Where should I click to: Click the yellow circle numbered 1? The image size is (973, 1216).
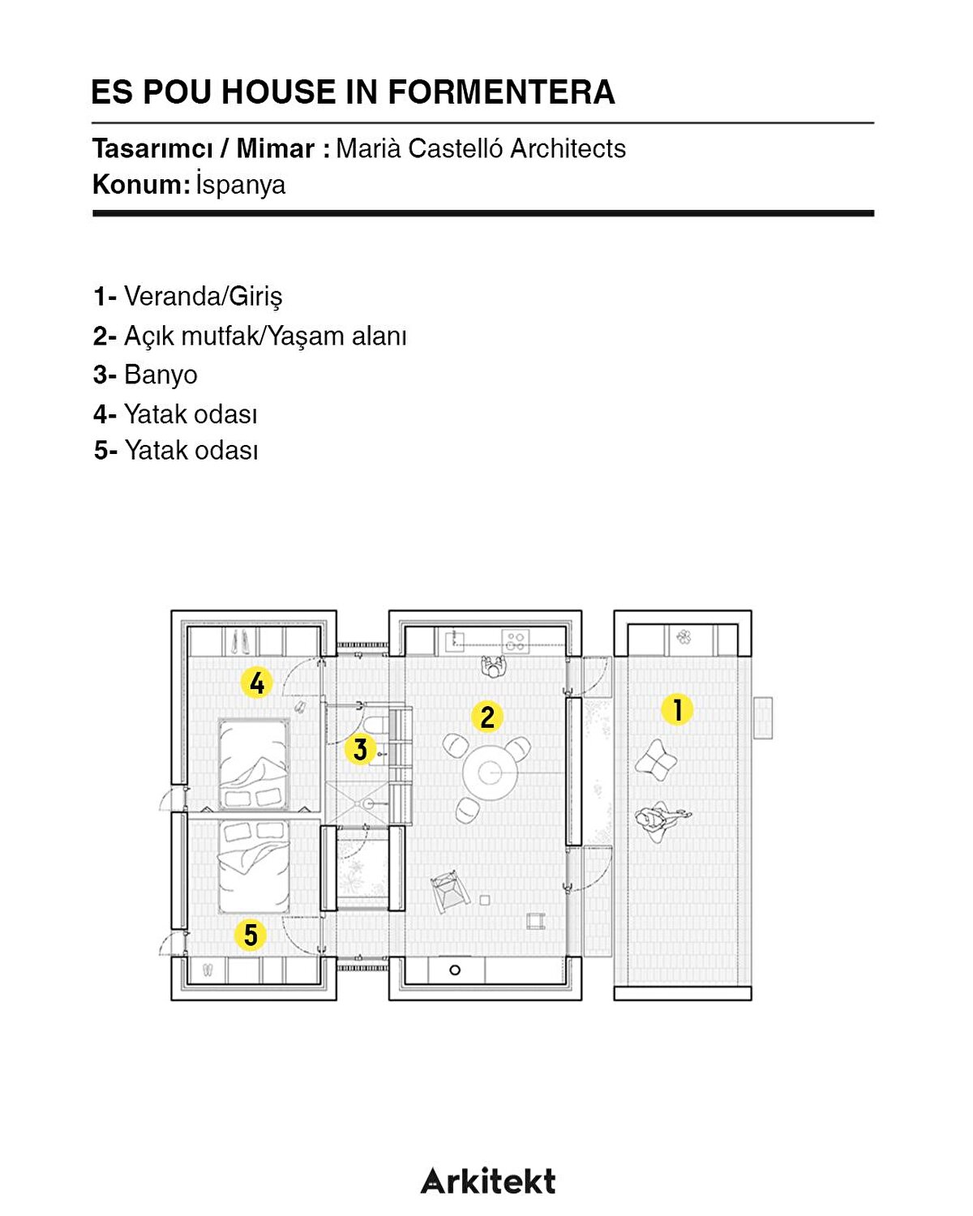coord(677,709)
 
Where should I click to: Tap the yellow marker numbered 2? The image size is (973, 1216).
coord(486,716)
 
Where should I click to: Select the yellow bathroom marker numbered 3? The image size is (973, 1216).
coord(360,749)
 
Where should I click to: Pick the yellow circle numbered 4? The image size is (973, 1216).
coord(257,682)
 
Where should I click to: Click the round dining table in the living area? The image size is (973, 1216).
coord(490,773)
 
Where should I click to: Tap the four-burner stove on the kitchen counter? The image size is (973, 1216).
coord(515,640)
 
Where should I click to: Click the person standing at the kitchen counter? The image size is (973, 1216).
coord(494,666)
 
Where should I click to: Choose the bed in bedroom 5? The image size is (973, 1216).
coord(254,867)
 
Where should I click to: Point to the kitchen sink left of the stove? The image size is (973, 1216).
coord(454,641)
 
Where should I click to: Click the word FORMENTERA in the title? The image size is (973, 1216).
coord(501,92)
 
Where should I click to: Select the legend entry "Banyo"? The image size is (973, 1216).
coord(161,374)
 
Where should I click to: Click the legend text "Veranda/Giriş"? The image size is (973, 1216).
coord(203,297)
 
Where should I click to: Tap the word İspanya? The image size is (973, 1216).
coord(240,184)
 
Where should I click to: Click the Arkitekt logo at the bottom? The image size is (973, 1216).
coord(488,1180)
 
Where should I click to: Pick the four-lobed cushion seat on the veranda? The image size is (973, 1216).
coord(656,760)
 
